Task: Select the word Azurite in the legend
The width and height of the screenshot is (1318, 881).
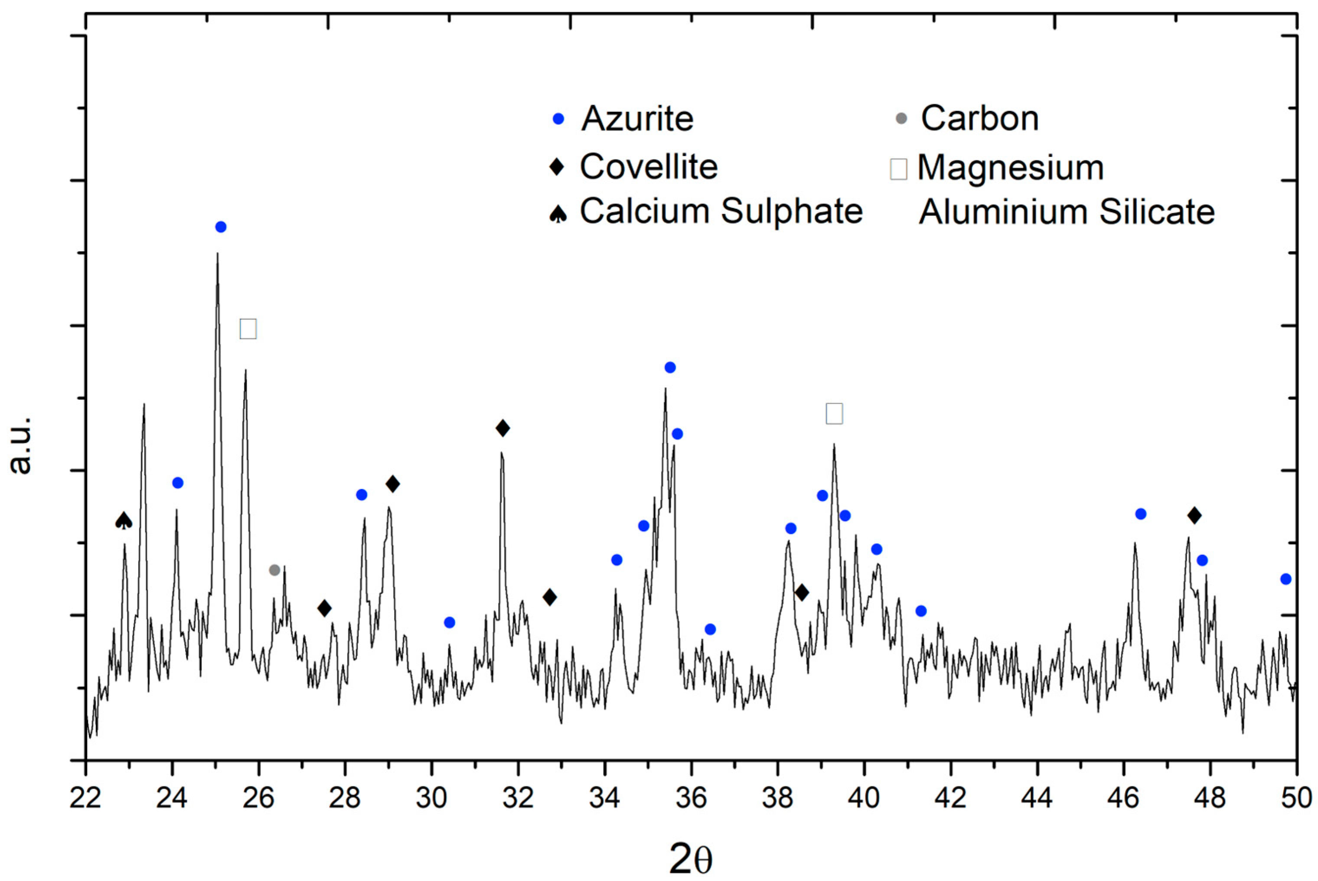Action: pos(637,119)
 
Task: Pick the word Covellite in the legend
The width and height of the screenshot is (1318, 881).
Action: pos(649,167)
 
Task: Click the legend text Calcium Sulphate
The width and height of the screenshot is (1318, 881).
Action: pos(721,212)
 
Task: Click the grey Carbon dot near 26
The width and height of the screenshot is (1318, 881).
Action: pos(274,570)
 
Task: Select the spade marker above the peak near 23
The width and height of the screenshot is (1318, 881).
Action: pos(124,521)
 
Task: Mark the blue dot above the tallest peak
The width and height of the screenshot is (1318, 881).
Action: pos(221,227)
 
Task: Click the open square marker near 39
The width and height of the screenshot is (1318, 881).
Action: pos(834,413)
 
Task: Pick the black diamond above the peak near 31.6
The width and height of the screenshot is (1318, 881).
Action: pos(503,429)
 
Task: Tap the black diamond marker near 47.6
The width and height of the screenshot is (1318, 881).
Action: pos(1194,515)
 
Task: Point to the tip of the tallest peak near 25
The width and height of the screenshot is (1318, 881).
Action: pos(218,254)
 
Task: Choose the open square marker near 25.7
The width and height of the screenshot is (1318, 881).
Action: pos(248,328)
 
